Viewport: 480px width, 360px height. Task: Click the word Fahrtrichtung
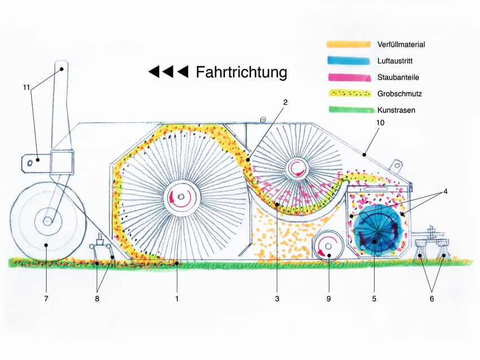click(241, 72)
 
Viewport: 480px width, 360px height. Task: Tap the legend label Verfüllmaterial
click(401, 44)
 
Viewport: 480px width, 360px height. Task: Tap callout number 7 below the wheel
click(46, 298)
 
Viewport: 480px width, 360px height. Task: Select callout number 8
click(97, 298)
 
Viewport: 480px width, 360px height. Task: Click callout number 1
click(177, 298)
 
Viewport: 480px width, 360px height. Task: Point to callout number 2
click(286, 102)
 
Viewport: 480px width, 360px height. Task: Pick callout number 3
click(277, 298)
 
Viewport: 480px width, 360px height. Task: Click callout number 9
click(329, 298)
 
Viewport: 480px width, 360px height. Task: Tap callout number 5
click(374, 298)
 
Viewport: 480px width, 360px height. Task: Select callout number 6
click(432, 298)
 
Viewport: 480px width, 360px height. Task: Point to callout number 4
click(445, 192)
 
